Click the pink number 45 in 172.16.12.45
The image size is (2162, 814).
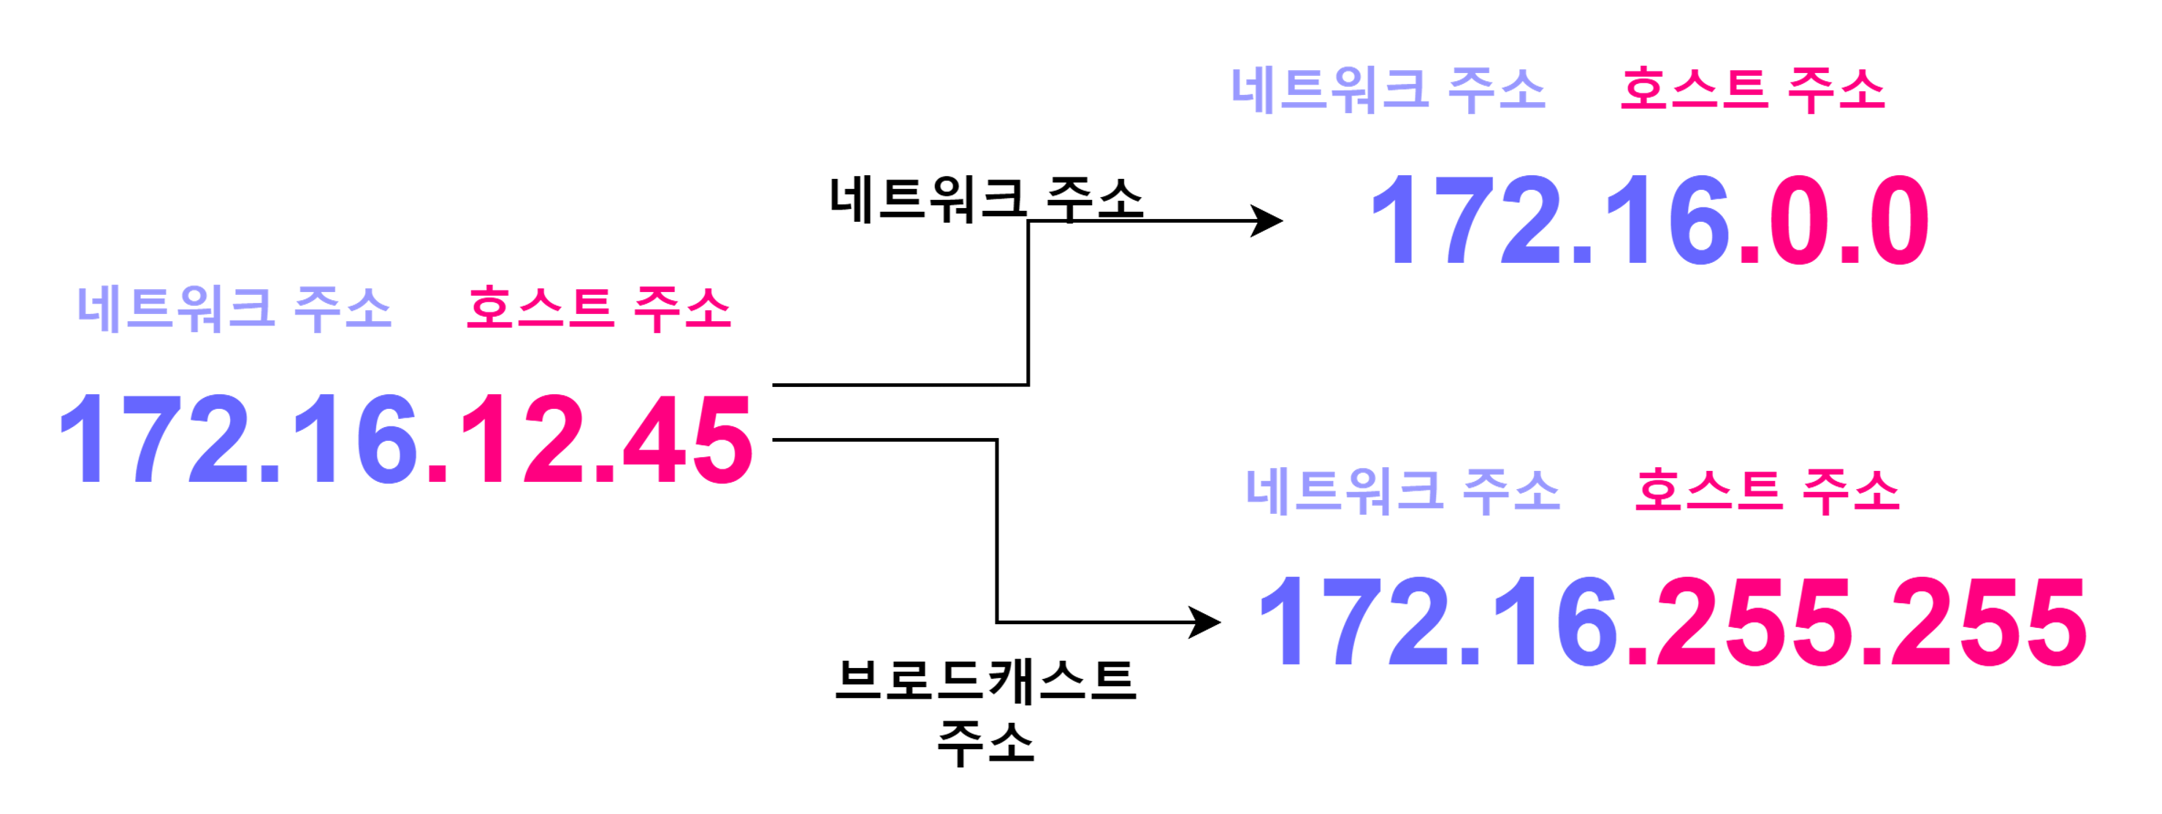coord(687,440)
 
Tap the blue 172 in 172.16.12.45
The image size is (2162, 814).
coord(153,440)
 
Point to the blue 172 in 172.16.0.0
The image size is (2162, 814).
coord(1464,221)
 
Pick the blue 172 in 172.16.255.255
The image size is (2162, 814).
coord(1353,623)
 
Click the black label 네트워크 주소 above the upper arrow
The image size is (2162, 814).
coord(986,200)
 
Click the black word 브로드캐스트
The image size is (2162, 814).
coord(986,680)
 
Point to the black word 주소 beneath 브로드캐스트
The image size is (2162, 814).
coord(986,743)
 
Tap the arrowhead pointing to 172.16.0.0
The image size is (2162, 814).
coord(1267,221)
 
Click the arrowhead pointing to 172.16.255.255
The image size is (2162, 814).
coord(1205,623)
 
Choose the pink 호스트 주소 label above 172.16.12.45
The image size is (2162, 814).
coord(598,308)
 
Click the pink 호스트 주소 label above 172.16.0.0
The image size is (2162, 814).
coord(1752,89)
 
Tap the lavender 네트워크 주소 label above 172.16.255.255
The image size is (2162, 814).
coord(1402,490)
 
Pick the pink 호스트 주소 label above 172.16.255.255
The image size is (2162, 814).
coord(1767,490)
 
